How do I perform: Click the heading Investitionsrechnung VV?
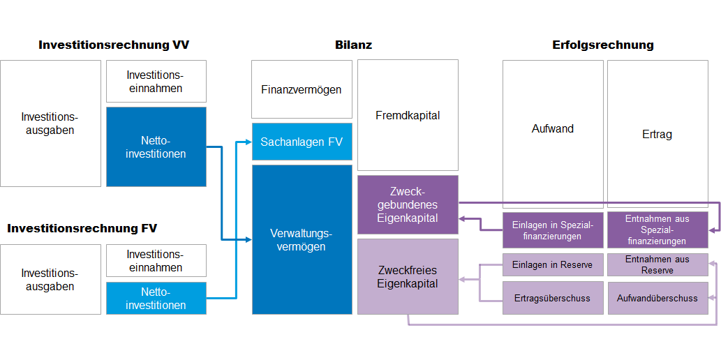coord(114,45)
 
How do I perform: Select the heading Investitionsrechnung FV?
coord(82,228)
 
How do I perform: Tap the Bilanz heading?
coord(353,45)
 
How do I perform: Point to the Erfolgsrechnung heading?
coord(602,45)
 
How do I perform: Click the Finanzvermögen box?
coord(302,89)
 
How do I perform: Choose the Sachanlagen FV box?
coord(302,142)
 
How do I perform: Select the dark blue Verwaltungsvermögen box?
coord(302,239)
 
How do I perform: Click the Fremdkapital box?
coord(408,115)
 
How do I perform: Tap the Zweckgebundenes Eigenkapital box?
coord(408,204)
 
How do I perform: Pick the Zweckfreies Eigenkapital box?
coord(408,276)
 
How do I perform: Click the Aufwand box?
coord(553,129)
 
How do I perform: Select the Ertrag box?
coord(657,134)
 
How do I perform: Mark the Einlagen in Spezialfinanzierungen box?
coord(553,230)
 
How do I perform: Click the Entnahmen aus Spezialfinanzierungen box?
coord(657,230)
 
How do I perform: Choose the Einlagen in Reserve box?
coord(553,264)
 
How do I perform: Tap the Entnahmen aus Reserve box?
coord(657,264)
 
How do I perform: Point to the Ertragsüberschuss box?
coord(553,298)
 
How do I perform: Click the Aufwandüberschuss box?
coord(657,298)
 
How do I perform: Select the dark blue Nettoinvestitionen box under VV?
coord(156,147)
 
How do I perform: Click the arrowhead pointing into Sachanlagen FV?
coord(248,142)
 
